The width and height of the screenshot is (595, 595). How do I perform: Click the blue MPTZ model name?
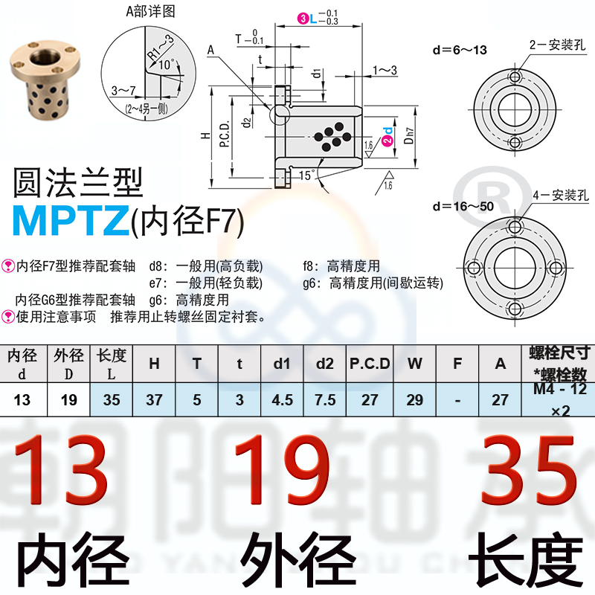tap(69, 218)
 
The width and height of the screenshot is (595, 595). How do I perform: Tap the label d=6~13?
tap(460, 50)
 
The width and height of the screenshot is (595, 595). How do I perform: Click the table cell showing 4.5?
tap(282, 400)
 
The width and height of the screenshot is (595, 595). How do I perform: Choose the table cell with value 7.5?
tap(325, 400)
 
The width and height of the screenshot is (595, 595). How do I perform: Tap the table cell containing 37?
tap(154, 400)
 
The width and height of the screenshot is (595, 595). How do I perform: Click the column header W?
tap(414, 364)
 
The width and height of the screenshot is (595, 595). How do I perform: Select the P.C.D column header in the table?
tap(370, 364)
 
